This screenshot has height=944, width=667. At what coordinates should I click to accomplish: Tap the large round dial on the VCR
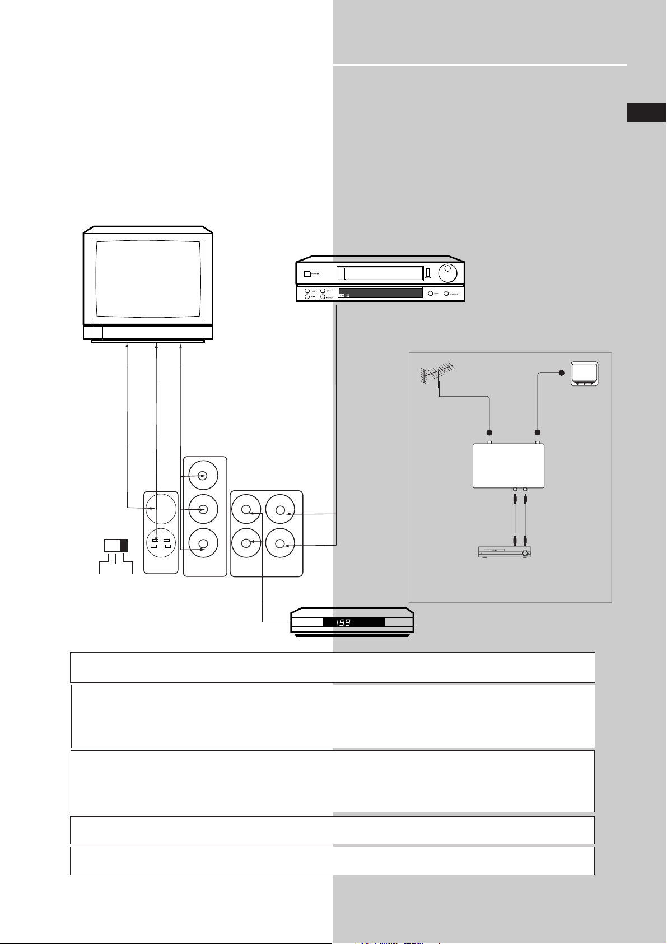coord(447,274)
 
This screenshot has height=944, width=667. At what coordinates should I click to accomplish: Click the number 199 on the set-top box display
coord(343,622)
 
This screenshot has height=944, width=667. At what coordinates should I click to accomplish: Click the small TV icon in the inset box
coord(584,374)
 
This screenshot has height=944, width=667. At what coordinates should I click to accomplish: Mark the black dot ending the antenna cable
coord(489,433)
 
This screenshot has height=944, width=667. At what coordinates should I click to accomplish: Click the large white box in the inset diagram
coord(509,466)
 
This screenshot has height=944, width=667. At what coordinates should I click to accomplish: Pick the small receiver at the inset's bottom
coord(504,552)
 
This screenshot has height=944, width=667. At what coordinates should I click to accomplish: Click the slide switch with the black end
coord(116,546)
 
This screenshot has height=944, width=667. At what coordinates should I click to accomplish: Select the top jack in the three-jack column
coord(203,476)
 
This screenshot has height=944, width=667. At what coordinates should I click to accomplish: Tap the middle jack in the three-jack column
coord(203,509)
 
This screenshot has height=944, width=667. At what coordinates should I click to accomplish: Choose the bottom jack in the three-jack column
coord(203,543)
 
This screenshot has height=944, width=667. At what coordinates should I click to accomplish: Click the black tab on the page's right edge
coord(647,112)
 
